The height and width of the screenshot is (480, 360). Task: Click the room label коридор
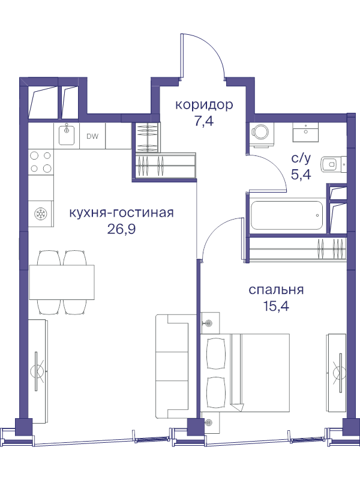tap(203, 105)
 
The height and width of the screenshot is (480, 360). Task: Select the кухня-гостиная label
tap(122, 213)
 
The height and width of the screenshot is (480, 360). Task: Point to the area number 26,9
tap(122, 229)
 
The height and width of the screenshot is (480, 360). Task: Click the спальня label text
tap(276, 290)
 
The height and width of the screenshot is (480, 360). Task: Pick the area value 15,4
tap(276, 305)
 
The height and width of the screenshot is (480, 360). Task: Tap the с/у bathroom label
tap(301, 158)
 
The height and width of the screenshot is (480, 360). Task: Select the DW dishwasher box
tap(92, 136)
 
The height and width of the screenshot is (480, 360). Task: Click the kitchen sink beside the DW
tap(67, 136)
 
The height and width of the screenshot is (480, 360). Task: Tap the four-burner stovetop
tap(40, 163)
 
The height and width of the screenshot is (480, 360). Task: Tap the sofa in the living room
tap(172, 366)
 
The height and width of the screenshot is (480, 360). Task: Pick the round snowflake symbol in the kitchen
tap(41, 214)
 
